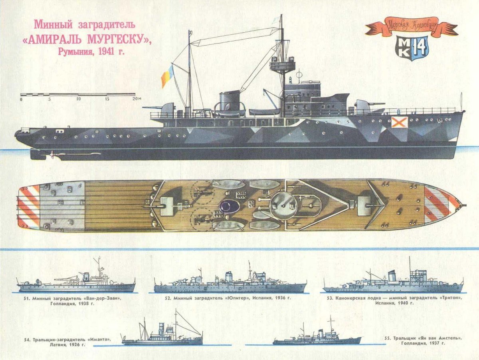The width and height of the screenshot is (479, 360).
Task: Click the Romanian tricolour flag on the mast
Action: click(168, 76)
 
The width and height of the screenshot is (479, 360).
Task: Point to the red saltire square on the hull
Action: click(399, 122)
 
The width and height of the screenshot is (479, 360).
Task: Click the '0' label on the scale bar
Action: click(21, 99)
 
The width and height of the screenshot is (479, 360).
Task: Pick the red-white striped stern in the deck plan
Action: click(29, 207)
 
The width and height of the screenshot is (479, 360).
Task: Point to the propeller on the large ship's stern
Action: click(52, 155)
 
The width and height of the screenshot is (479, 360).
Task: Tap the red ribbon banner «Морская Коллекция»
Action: click(412, 28)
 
